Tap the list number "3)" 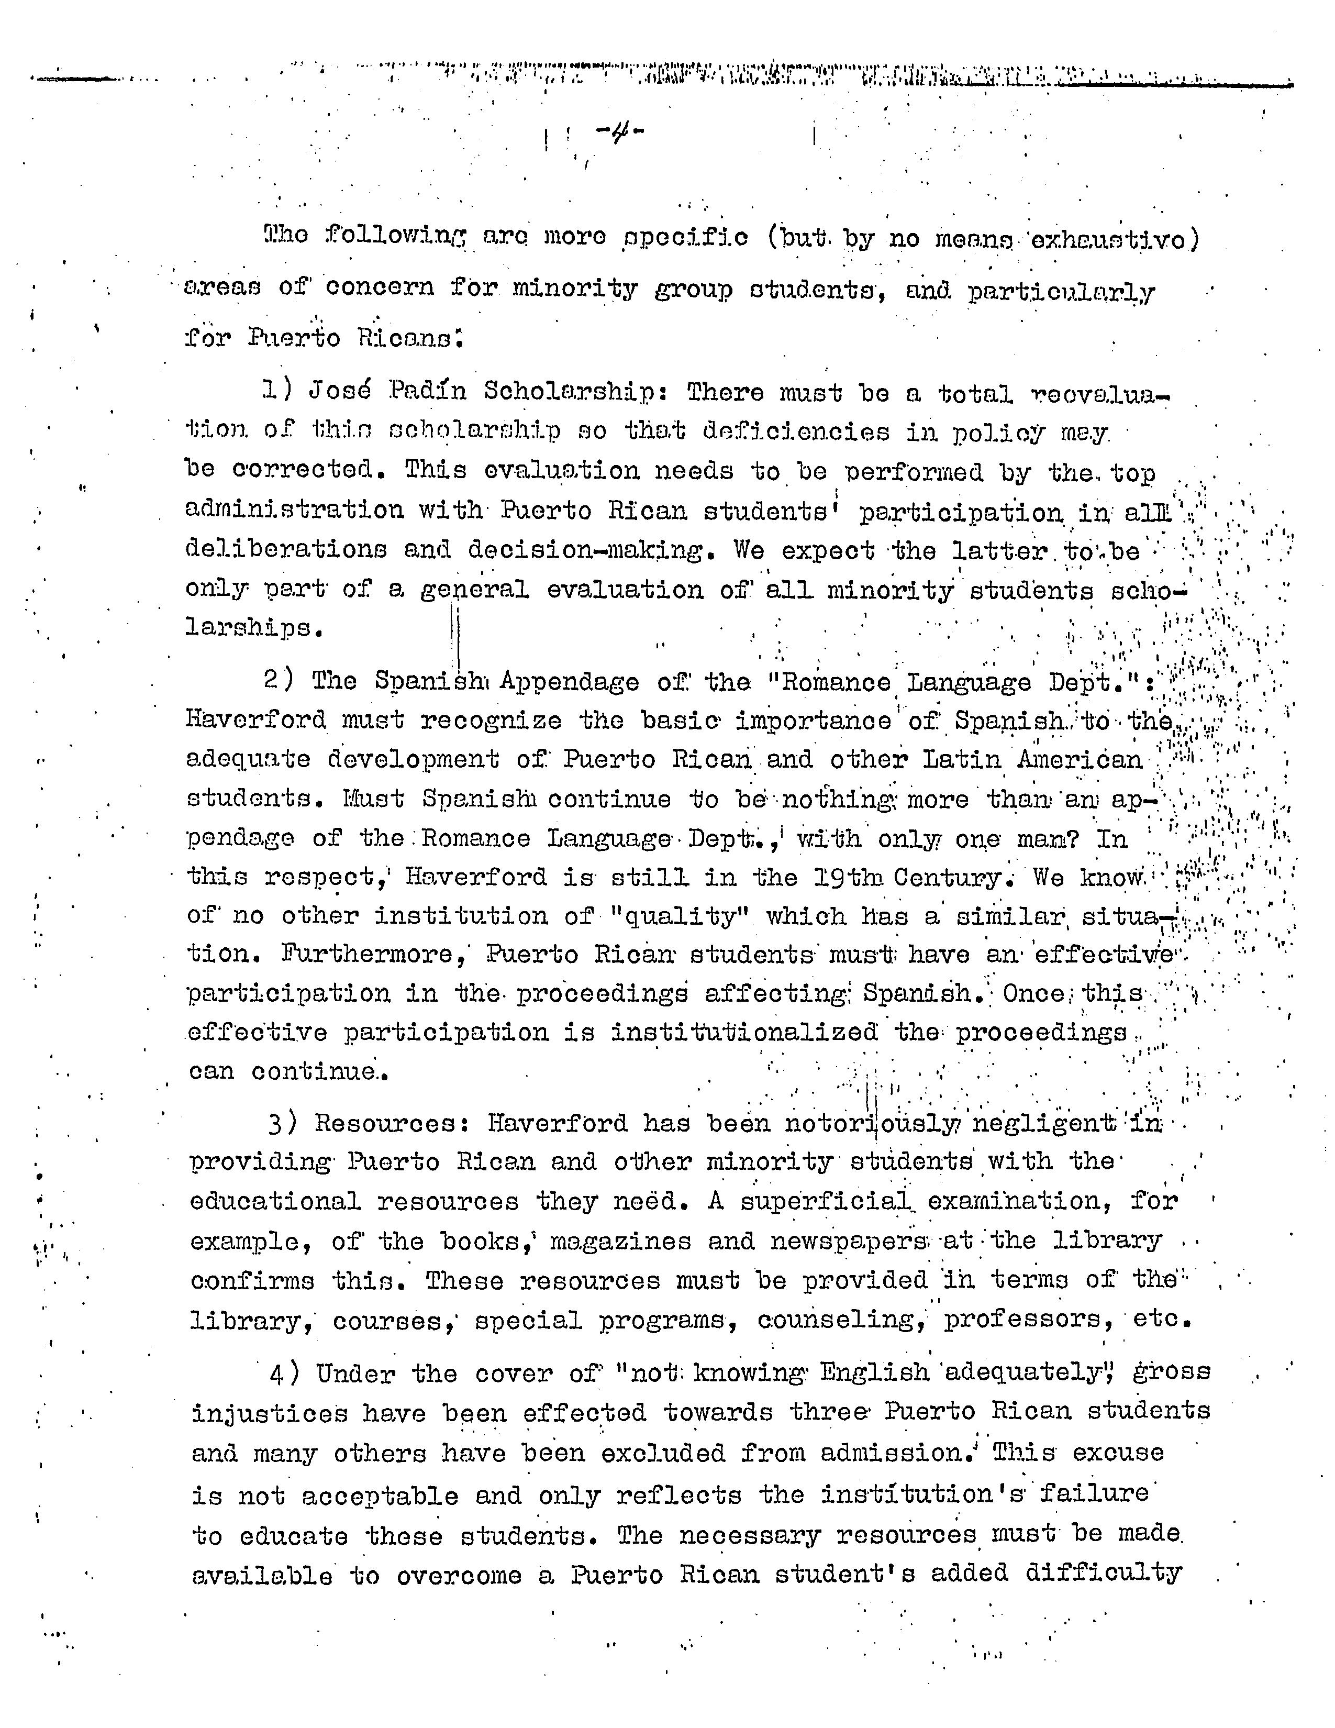point(282,1123)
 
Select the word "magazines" point(620,1240)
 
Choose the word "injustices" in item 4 point(269,1412)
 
